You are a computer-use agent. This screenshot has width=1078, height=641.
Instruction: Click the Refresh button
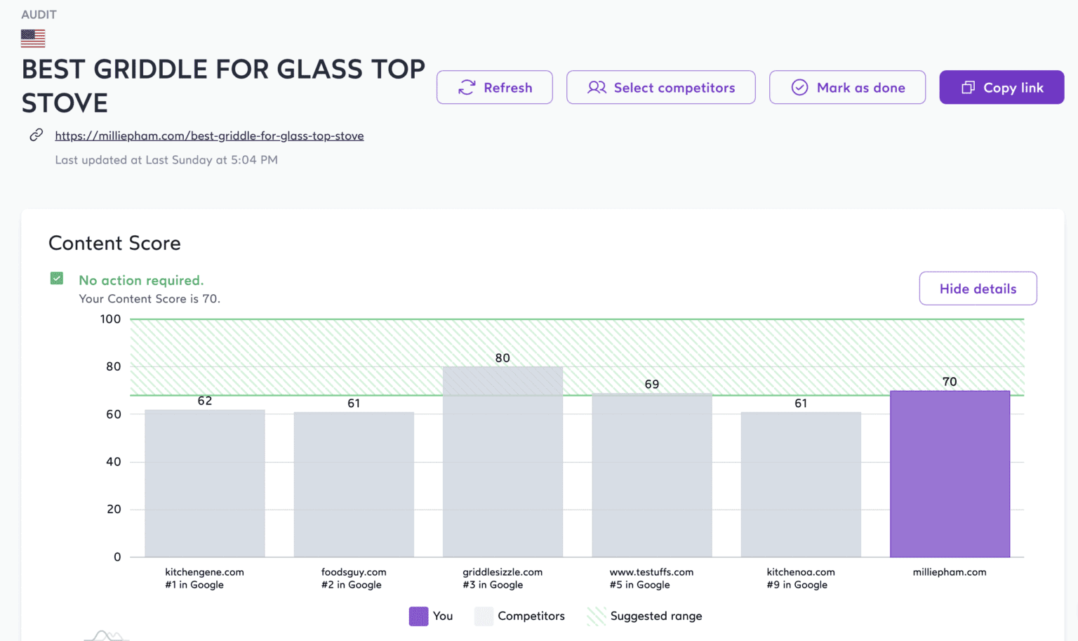pos(494,88)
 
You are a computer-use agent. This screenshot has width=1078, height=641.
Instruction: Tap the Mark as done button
pos(847,88)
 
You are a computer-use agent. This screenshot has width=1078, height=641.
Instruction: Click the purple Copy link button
pos(1002,88)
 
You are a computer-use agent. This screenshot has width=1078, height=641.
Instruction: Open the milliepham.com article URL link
pos(209,136)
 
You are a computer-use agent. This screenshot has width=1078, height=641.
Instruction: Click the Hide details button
pos(978,289)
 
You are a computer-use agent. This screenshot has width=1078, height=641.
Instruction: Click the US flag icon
pos(33,39)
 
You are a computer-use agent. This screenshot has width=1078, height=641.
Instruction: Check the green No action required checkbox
pos(57,279)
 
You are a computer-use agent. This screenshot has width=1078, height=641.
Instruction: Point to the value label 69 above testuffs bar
pos(652,385)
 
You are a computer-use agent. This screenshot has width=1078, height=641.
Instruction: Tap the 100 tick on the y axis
pos(110,319)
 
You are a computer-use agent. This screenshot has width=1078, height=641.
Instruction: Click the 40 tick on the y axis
pos(113,462)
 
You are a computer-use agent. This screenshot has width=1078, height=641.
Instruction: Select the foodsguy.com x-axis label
pos(354,572)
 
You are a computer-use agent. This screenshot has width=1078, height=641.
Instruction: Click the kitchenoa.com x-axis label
pos(801,572)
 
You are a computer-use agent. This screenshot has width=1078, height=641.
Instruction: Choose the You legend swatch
pos(419,616)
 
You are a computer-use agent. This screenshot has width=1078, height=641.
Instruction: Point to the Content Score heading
pos(114,243)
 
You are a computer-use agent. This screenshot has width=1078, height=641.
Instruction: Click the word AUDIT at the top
pos(39,15)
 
